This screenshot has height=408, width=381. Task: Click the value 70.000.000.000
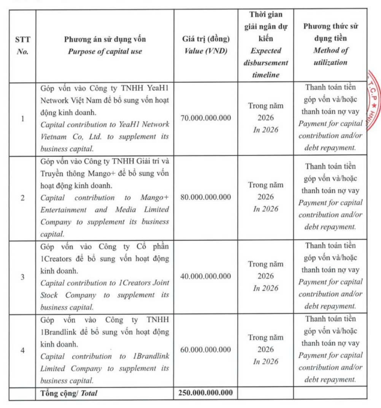pos(205,118)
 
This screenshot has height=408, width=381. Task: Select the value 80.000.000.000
pos(205,197)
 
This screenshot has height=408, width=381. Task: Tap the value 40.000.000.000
pos(205,276)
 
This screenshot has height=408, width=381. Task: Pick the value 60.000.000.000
pos(205,349)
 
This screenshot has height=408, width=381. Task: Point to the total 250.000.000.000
pos(205,393)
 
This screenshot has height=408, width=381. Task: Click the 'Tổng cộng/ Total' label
pos(69,393)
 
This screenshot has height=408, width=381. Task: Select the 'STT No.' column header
pos(22,45)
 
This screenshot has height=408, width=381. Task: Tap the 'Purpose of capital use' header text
pos(105,51)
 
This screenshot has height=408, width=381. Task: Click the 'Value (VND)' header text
pos(205,51)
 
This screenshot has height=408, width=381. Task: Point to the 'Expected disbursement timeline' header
pos(265,63)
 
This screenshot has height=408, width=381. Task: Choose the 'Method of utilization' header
pos(330,56)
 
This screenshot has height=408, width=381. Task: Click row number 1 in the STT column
pos(22,118)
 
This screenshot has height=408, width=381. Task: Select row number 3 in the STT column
pos(22,277)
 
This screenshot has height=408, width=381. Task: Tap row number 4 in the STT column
pos(22,350)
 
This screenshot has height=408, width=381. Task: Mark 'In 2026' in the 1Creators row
pos(265,288)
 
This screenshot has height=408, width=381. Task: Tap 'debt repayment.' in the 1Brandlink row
pos(330,379)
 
